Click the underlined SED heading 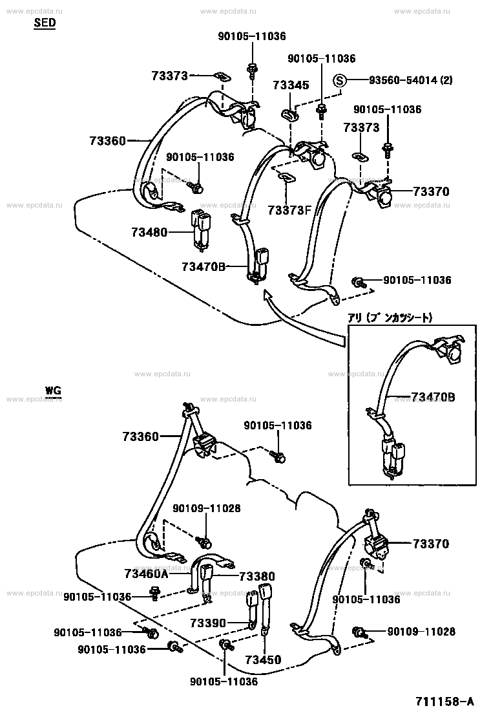(x=45, y=23)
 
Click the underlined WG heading (x=52, y=391)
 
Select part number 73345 (x=291, y=85)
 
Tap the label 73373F (x=289, y=209)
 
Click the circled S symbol (x=340, y=81)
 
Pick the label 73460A (x=146, y=574)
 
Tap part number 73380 (x=257, y=576)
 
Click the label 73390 (x=208, y=623)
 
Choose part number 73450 (x=264, y=660)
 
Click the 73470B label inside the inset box (x=433, y=397)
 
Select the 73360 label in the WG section (x=140, y=436)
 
